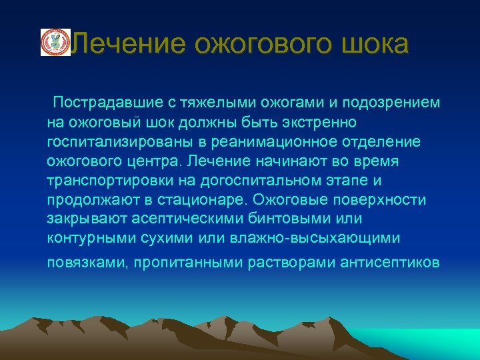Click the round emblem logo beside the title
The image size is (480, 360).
[55, 42]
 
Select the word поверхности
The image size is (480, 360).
[386, 200]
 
